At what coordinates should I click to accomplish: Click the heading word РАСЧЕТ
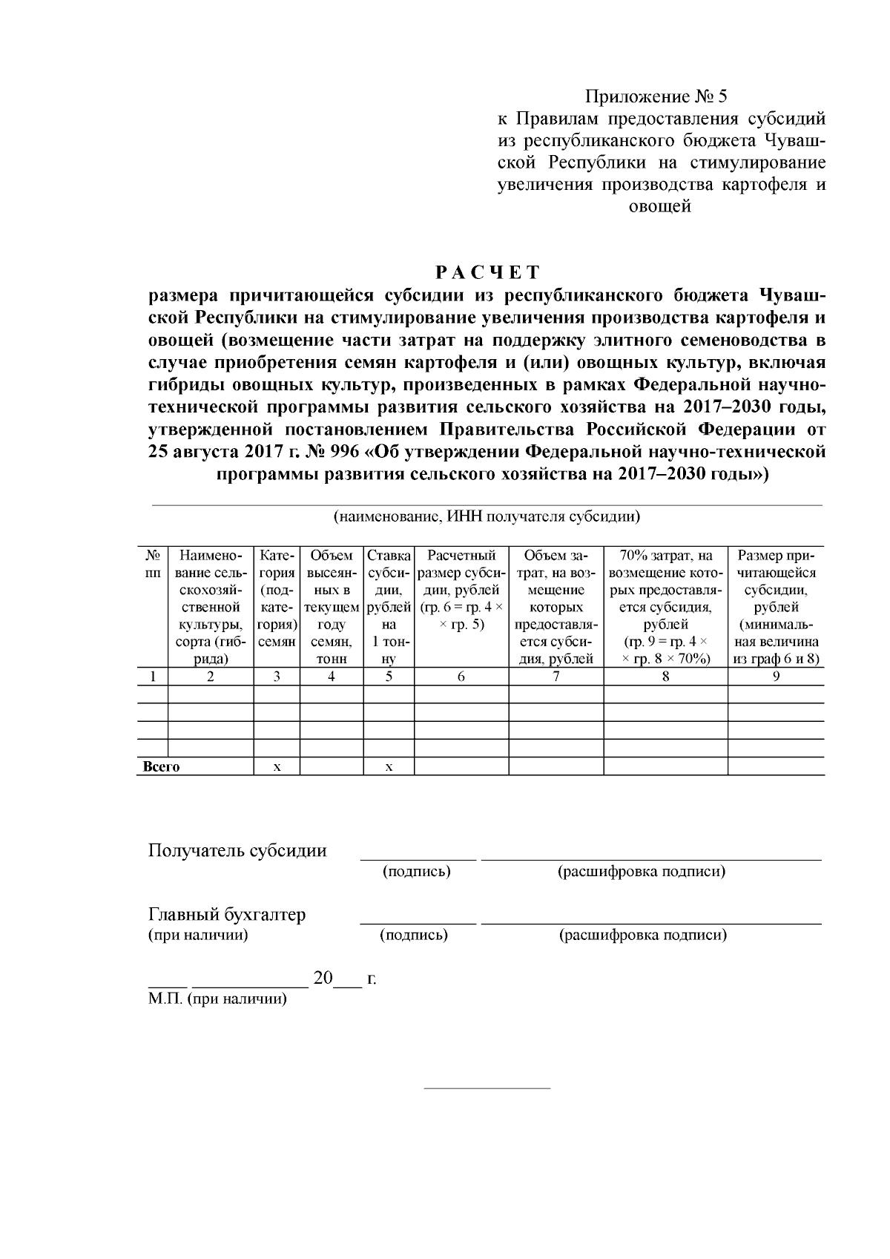pyautogui.click(x=487, y=272)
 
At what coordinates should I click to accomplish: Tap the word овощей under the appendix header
pyautogui.click(x=660, y=207)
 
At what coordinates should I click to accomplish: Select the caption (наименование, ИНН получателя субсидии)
pyautogui.click(x=487, y=516)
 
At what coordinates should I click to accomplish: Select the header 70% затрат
pyautogui.click(x=665, y=556)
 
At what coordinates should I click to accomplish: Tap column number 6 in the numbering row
pyautogui.click(x=461, y=677)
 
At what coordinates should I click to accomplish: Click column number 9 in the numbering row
pyautogui.click(x=776, y=677)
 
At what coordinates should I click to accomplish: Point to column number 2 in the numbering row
pyautogui.click(x=211, y=677)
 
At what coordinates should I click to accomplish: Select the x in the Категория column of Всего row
pyautogui.click(x=277, y=767)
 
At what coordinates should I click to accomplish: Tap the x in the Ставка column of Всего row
pyautogui.click(x=389, y=767)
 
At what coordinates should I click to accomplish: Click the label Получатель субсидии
pyautogui.click(x=237, y=850)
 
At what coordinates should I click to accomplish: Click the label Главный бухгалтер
pyautogui.click(x=227, y=915)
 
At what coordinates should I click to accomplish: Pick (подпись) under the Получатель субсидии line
pyautogui.click(x=417, y=872)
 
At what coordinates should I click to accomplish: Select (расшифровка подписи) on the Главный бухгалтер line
pyautogui.click(x=642, y=936)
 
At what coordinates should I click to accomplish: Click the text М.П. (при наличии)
pyautogui.click(x=217, y=999)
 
